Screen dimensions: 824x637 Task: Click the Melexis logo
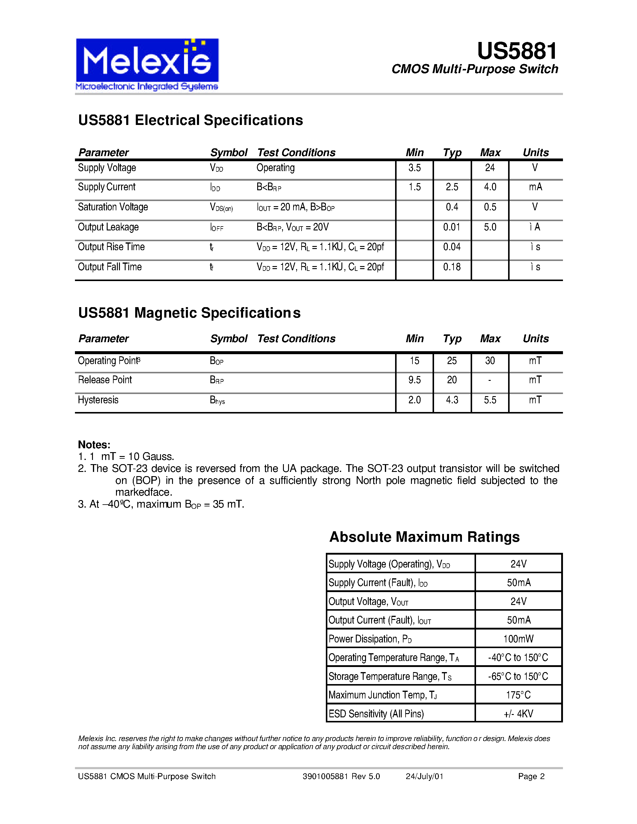[147, 64]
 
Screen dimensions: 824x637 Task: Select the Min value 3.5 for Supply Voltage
[414, 168]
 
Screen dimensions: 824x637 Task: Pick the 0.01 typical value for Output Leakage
[451, 227]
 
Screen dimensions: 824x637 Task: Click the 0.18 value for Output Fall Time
[452, 267]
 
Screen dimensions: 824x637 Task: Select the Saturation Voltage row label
[113, 207]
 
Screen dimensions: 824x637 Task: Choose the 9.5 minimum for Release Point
[414, 380]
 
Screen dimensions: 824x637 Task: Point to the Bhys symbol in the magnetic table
[217, 400]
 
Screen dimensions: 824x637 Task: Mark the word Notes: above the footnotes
[94, 444]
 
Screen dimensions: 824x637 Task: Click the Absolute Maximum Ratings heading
[424, 537]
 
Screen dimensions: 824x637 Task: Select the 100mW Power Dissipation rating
[518, 639]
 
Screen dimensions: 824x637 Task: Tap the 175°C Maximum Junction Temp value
[518, 695]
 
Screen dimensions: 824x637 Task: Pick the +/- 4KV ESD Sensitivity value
[518, 714]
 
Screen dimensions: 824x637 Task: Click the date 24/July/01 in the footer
[424, 776]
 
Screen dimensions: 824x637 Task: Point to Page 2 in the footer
[531, 776]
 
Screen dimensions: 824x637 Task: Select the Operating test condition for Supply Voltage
[275, 168]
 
